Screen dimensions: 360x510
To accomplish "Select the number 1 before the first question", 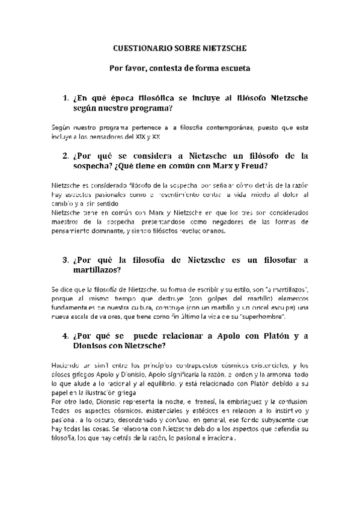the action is pos(66,98).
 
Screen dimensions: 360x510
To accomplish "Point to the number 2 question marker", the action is pos(66,155).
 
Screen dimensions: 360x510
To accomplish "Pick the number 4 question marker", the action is pos(66,336).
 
